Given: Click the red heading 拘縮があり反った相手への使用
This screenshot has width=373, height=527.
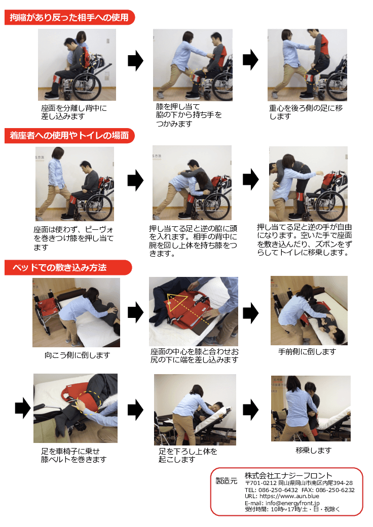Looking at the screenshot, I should point(69,18).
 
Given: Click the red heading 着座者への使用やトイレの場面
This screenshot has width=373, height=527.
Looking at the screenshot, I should point(69,135).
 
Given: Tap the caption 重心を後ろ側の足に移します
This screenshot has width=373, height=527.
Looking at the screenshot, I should point(306,112).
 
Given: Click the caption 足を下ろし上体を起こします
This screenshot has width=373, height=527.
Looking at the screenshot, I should point(188,455).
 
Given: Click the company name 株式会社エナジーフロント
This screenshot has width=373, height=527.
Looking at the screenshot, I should point(288,475).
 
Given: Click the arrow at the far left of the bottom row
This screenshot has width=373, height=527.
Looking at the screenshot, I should point(23,408).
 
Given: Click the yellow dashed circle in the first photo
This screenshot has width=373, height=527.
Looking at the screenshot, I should point(86,60).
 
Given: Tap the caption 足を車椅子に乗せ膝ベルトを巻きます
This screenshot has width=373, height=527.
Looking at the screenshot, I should point(74,455).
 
